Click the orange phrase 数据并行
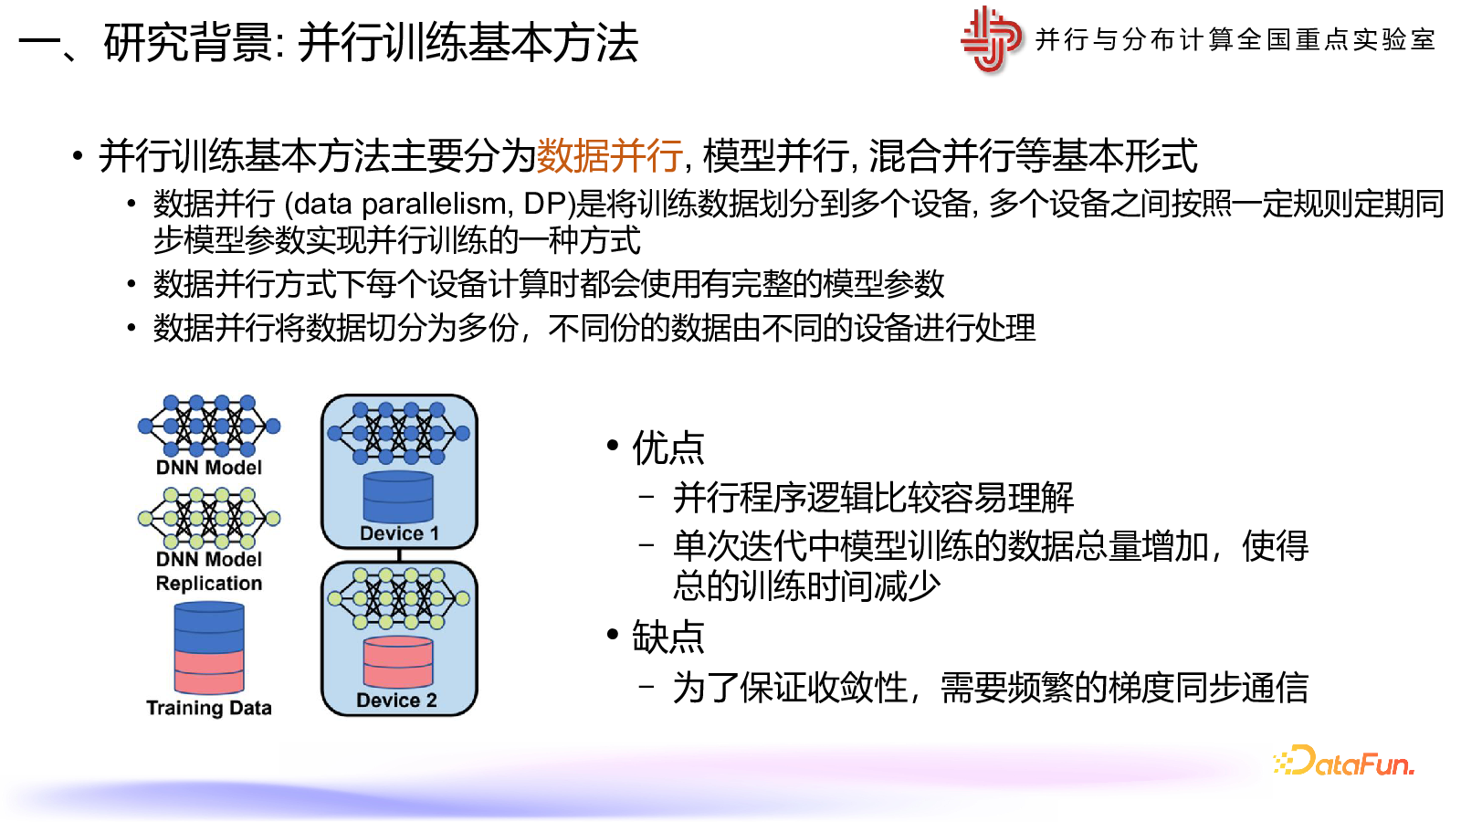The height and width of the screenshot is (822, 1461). click(609, 155)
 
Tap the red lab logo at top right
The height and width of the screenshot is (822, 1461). click(991, 39)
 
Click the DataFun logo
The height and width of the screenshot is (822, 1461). click(1344, 762)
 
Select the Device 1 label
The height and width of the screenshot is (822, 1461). click(399, 533)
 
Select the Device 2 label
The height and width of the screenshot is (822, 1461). click(396, 700)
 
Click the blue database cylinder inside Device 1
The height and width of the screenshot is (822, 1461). click(398, 497)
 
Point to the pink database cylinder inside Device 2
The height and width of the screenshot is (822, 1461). click(398, 662)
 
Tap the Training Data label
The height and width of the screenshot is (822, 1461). click(209, 708)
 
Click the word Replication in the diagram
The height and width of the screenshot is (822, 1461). click(209, 583)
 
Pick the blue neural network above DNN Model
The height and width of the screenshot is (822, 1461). click(209, 426)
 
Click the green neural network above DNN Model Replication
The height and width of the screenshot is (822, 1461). click(209, 518)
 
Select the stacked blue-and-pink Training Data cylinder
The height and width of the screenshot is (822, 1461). click(209, 648)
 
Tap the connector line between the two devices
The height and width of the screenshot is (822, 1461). click(399, 555)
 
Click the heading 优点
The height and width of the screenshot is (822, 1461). click(667, 448)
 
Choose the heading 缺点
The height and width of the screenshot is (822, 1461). click(667, 637)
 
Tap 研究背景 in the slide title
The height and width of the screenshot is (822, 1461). click(188, 43)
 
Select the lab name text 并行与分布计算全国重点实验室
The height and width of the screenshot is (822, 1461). click(1235, 40)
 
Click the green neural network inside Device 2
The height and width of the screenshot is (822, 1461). click(398, 598)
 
